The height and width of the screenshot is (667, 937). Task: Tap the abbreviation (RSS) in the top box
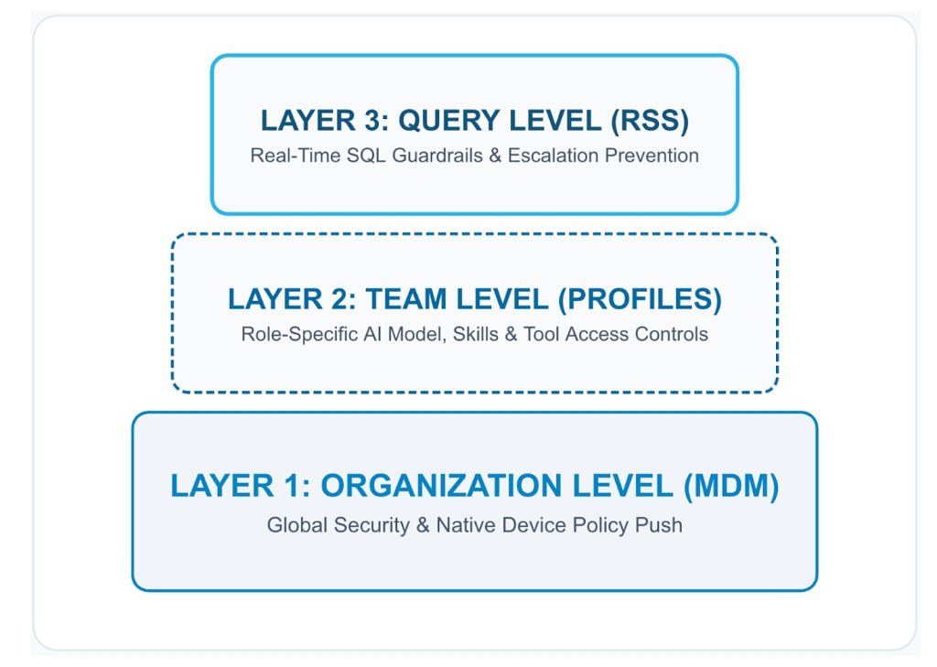pos(650,121)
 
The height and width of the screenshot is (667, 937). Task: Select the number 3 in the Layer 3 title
pos(373,121)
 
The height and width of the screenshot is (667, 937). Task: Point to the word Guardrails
pos(436,156)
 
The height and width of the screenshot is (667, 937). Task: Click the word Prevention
pos(652,156)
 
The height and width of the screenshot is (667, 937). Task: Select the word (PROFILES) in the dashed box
pos(640,299)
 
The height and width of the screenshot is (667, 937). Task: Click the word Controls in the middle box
pos(671,334)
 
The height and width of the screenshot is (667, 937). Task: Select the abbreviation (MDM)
pos(731,485)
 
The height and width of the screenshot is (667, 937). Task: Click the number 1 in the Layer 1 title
pos(293,485)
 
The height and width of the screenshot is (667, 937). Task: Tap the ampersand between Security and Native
pos(423,525)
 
